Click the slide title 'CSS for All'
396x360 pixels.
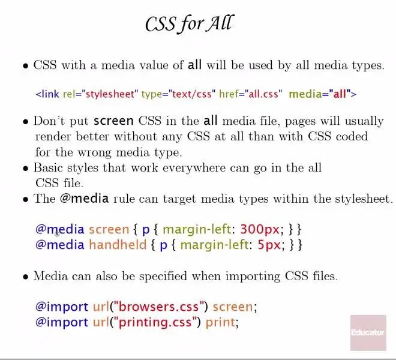point(190,24)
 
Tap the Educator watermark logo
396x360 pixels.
point(368,333)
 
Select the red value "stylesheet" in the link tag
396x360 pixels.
point(110,94)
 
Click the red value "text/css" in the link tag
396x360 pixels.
point(191,94)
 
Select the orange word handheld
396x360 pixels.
point(118,245)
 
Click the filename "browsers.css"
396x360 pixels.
point(158,307)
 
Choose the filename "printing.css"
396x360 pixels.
point(155,322)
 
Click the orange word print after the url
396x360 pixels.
point(220,322)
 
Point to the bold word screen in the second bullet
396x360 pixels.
point(113,121)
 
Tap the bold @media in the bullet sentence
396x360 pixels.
point(85,199)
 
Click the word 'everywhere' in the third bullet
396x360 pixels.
point(194,168)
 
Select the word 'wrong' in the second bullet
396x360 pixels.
point(94,152)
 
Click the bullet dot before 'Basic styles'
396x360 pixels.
point(26,168)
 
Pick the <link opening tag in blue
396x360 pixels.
point(47,94)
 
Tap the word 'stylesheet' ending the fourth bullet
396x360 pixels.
point(364,199)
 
